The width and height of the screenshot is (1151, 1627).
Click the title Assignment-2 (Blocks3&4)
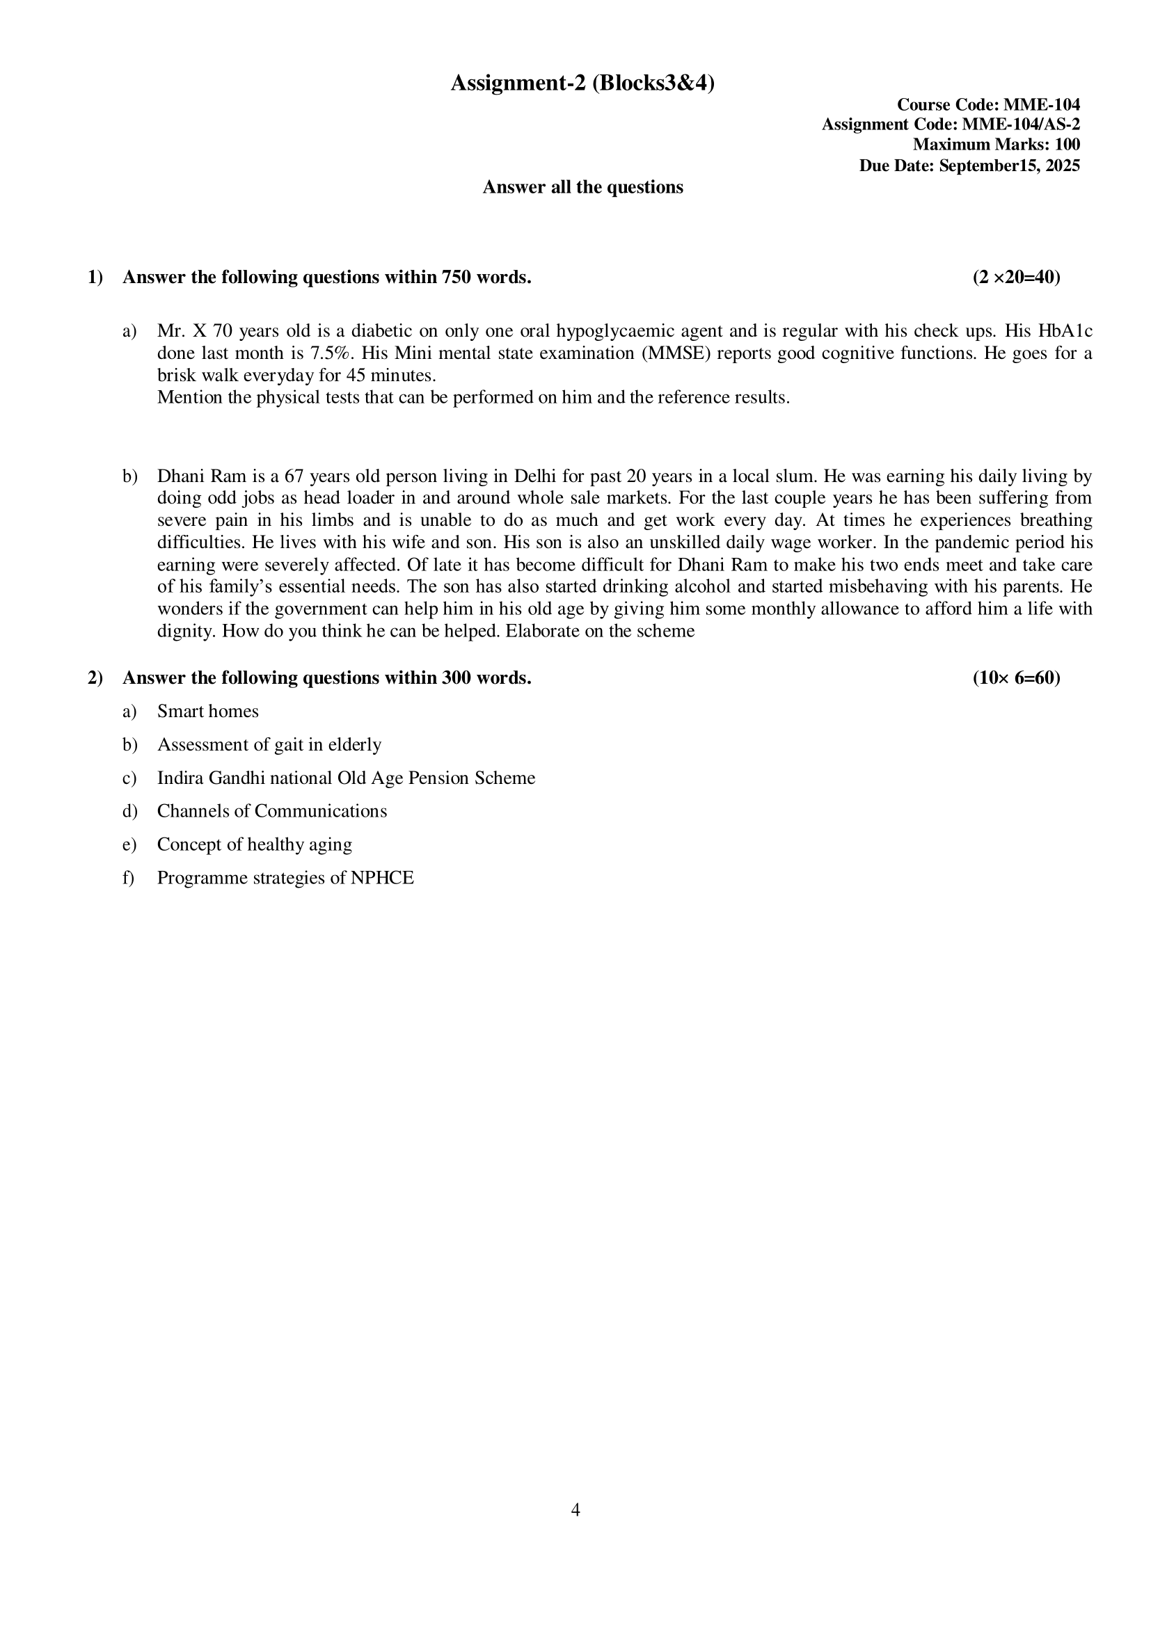coord(582,83)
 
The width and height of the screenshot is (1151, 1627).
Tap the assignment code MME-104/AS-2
coord(1021,125)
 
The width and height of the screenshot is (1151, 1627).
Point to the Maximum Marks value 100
coord(1067,145)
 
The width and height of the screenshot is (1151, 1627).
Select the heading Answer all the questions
coord(582,187)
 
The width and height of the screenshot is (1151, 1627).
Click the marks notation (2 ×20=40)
coord(1016,277)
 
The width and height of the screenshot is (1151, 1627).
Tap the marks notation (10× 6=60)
coord(1016,678)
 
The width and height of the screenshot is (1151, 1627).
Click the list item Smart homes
coord(207,712)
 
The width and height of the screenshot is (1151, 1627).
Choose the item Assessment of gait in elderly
coord(269,745)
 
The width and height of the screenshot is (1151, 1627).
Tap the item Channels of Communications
coord(272,811)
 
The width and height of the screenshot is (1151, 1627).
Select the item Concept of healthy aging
coord(255,844)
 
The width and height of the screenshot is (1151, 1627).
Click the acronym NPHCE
coord(382,878)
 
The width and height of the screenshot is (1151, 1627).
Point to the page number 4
coord(575,1510)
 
